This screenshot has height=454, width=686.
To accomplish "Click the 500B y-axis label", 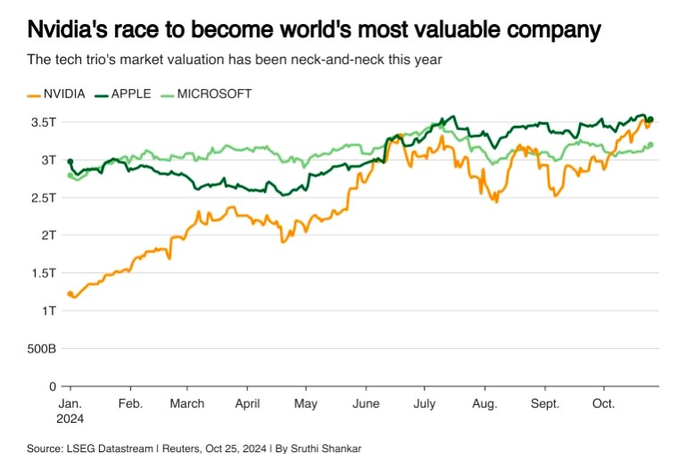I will (42, 349).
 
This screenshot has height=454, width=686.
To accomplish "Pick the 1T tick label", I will (49, 311).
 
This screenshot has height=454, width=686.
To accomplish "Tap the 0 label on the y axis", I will (53, 386).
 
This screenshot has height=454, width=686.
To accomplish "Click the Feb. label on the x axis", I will (131, 403).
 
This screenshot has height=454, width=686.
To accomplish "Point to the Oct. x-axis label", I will (604, 403).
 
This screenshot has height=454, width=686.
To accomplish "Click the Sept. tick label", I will (543, 403).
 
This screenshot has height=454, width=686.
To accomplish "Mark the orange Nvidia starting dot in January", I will (70, 293).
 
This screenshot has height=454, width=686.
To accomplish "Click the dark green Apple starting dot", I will (70, 161).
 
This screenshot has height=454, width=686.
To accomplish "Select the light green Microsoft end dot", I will (650, 144).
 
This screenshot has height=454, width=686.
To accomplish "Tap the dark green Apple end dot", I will (650, 120).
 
